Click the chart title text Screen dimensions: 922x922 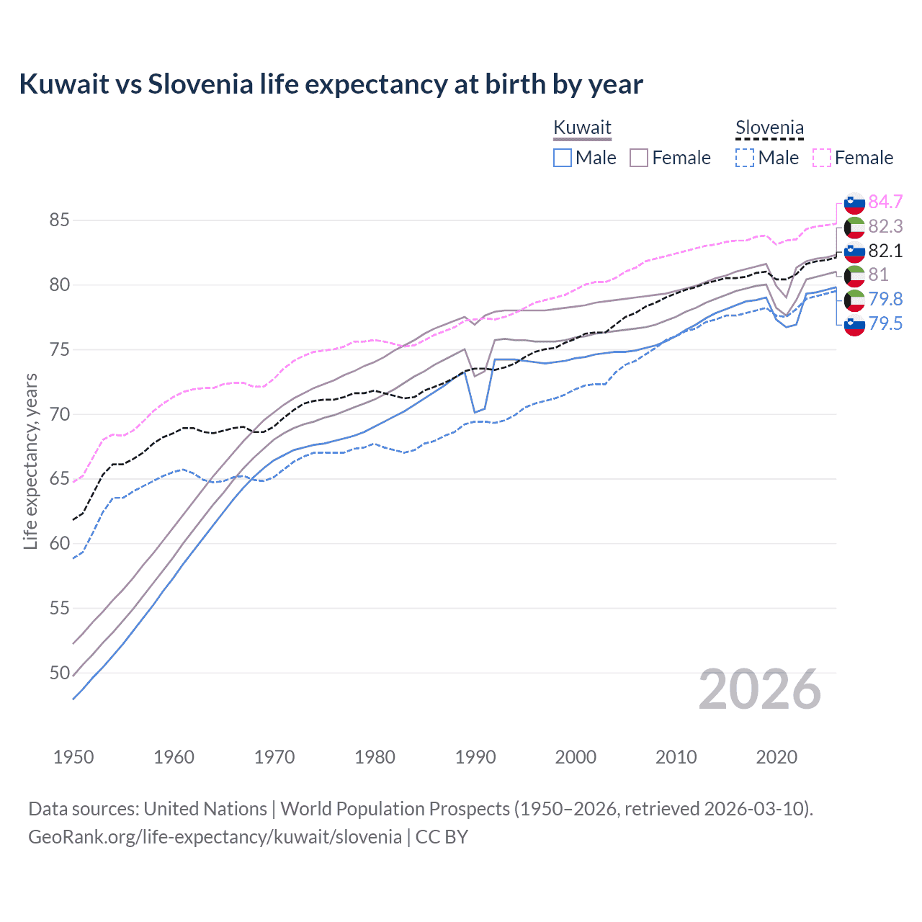point(331,84)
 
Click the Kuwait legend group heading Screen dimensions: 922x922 point(582,127)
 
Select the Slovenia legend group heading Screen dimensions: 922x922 point(769,127)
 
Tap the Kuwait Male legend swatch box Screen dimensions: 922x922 point(563,158)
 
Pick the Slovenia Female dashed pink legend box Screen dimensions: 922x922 point(822,158)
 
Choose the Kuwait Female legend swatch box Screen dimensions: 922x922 point(639,158)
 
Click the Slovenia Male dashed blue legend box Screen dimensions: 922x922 point(745,158)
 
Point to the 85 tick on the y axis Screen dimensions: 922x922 point(59,220)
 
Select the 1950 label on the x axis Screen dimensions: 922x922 point(73,757)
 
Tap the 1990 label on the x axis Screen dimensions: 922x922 point(475,757)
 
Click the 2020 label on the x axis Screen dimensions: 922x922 point(776,757)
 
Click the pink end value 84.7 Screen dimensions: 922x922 point(885,202)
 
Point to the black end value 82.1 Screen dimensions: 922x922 point(885,251)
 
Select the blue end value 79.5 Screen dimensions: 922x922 point(885,323)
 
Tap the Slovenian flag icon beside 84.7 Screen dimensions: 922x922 point(854,203)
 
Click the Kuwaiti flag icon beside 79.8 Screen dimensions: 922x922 point(854,300)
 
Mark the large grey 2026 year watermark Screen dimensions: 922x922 point(760,689)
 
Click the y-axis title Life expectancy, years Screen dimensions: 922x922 point(30,461)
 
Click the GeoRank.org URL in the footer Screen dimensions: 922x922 point(215,836)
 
